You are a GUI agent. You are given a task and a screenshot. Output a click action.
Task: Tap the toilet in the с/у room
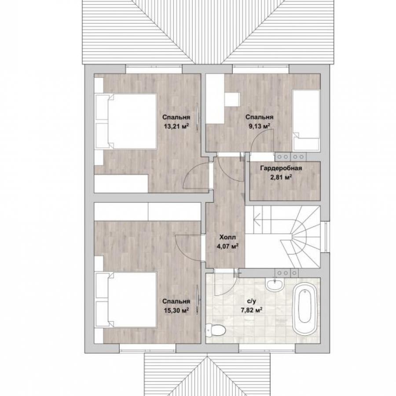pos(216,330)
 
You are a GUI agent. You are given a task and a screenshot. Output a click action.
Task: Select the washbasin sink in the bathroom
pos(275,284)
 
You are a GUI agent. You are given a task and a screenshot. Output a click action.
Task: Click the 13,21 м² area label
pos(176,126)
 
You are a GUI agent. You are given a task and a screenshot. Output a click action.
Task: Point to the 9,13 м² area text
pos(260,126)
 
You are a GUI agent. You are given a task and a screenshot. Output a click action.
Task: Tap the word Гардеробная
pos(281,168)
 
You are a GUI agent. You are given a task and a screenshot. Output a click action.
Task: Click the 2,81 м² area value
pos(281,177)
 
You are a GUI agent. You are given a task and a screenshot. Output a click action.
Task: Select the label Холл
pos(227,237)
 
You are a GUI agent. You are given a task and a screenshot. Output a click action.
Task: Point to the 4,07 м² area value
pos(227,246)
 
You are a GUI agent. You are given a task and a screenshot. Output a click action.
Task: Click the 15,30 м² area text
pos(176,310)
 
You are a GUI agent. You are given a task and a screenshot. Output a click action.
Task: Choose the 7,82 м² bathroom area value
pos(251,310)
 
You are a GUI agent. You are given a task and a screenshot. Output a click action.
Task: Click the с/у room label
pos(252,301)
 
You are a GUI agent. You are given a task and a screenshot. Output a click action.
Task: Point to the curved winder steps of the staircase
pos(299,236)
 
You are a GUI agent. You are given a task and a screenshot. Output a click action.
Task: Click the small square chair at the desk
pos(232,99)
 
